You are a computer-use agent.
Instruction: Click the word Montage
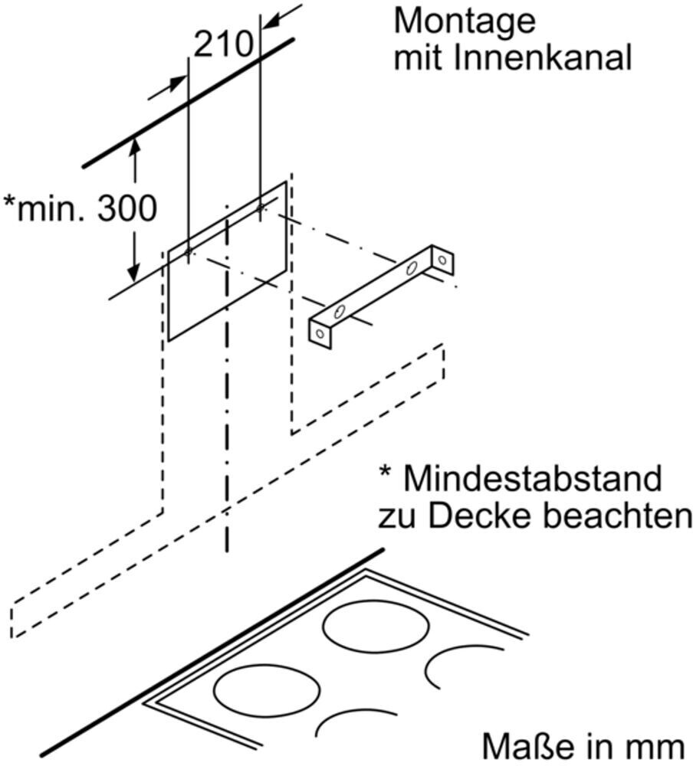pyautogui.click(x=464, y=21)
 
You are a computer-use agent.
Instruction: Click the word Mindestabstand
pyautogui.click(x=532, y=479)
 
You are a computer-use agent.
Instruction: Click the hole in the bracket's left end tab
pyautogui.click(x=319, y=332)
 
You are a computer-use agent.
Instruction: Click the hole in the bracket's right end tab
pyautogui.click(x=442, y=260)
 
